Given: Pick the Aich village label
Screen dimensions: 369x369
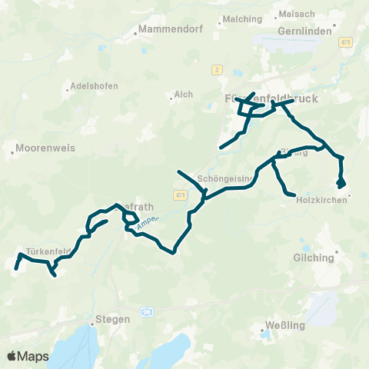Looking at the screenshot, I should (184, 94).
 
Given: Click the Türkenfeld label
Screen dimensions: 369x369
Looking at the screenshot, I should (47, 251).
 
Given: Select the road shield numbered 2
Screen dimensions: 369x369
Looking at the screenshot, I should (218, 70).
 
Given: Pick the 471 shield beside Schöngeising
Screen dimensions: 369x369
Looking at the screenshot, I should (180, 196).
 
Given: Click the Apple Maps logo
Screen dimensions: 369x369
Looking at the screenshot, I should (28, 356).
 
